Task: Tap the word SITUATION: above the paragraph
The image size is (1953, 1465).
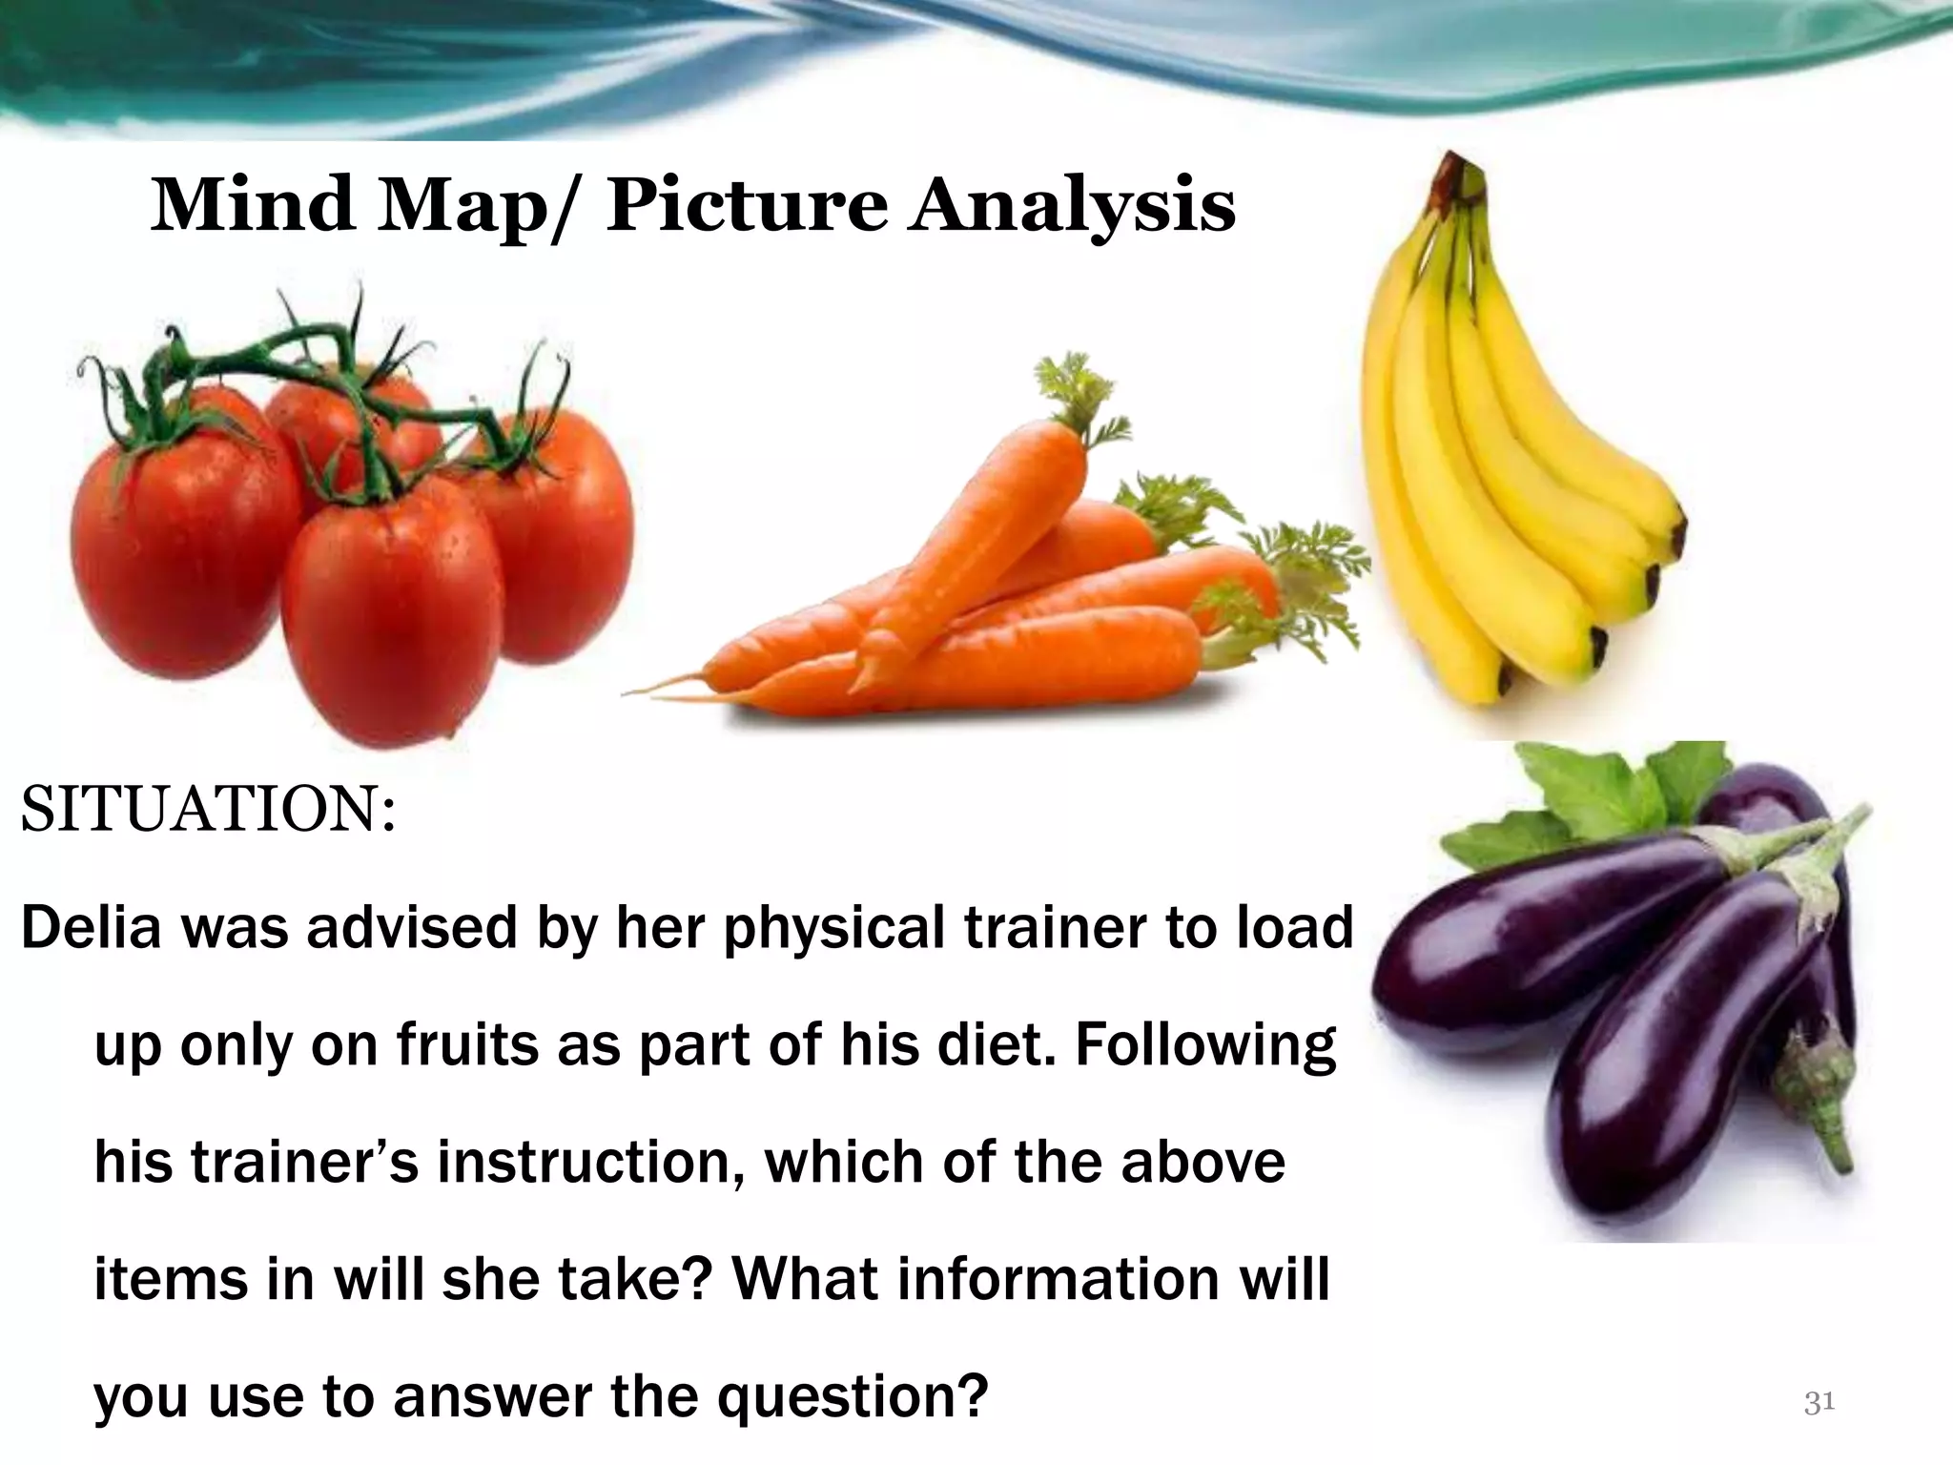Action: (208, 811)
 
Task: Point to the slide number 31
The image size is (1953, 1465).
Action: (1819, 1402)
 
